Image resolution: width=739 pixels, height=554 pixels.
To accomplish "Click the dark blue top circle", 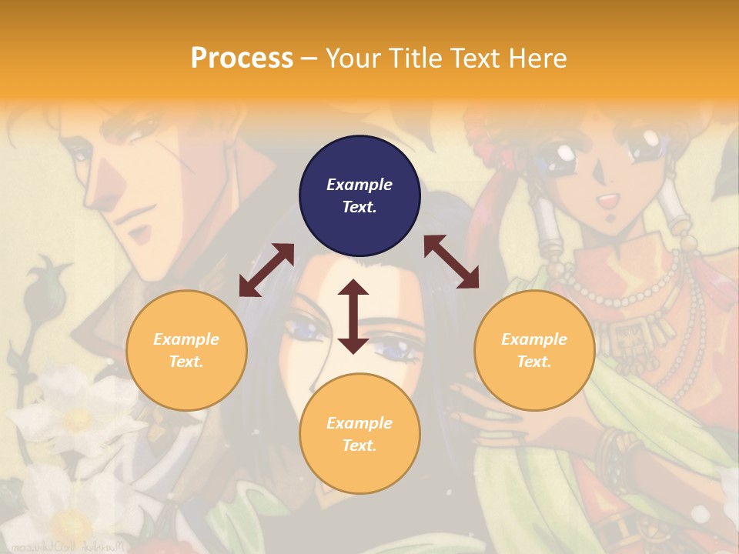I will point(359,196).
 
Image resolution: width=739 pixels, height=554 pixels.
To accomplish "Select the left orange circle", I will point(186,351).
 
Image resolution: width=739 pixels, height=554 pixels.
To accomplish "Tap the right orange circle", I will point(534,351).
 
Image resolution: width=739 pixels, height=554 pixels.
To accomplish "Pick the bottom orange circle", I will point(359,434).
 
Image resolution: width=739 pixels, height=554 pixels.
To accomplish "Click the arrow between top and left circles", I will point(266,269).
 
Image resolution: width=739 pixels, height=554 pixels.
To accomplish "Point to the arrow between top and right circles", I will point(451,262).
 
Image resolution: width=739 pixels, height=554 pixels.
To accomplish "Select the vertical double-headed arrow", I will point(353,316).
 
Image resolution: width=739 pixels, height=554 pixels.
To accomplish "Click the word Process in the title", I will point(242,58).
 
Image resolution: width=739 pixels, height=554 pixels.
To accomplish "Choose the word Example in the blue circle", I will point(359,185).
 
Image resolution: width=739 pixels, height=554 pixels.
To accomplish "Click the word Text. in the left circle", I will point(186,362).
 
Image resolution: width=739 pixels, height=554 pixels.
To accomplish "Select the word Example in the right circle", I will point(534,339).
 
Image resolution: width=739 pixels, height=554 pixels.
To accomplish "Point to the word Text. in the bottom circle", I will point(359,446).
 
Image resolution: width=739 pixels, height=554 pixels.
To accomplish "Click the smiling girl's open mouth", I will point(608,202).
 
